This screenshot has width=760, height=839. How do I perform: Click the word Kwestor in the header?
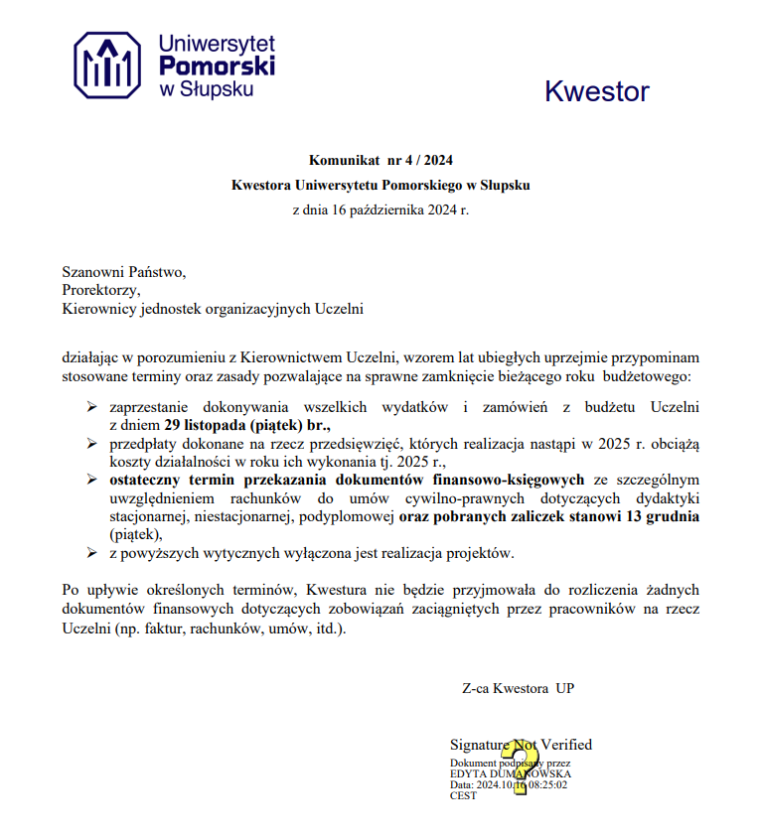coord(596,92)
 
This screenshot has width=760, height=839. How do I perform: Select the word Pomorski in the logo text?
coord(217,66)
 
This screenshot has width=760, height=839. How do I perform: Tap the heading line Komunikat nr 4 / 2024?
coord(380,159)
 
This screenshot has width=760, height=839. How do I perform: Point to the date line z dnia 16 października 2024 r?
coord(380,210)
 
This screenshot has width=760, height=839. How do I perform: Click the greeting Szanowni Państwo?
coord(124,271)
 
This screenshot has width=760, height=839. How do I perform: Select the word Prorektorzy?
coord(101,290)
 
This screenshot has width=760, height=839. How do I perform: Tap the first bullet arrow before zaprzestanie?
coord(91,406)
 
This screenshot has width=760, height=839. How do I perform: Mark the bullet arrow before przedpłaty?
coord(91,442)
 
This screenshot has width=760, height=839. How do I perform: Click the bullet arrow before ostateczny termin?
coord(91,479)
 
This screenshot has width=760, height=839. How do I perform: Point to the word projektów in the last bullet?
coord(512,554)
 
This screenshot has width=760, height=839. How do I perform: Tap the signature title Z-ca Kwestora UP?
coord(518,688)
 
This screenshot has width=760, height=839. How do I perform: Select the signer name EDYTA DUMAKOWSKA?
coord(511,773)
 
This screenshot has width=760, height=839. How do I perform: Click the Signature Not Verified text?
coord(521,745)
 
